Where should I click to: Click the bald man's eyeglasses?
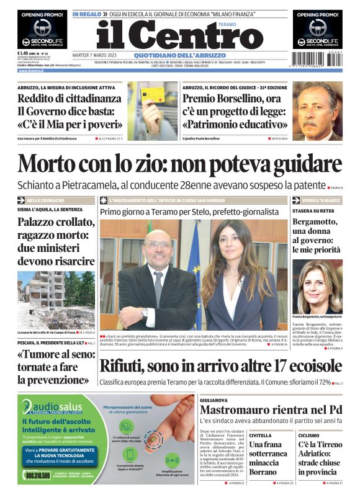pyautogui.click(x=158, y=244)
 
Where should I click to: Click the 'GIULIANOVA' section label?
pyautogui.click(x=214, y=401)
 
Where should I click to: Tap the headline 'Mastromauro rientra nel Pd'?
pyautogui.click(x=271, y=411)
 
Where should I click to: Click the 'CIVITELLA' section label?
pyautogui.click(x=260, y=435)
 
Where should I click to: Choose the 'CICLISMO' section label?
pyautogui.click(x=310, y=435)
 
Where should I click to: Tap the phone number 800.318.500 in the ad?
pyautogui.click(x=38, y=475)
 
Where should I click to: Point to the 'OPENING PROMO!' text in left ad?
pyautogui.click(x=42, y=14)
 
